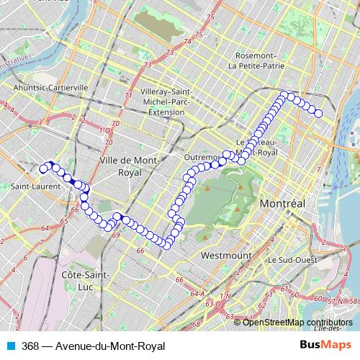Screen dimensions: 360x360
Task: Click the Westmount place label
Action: click(226, 256)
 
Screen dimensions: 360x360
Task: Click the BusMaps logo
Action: click(325, 346)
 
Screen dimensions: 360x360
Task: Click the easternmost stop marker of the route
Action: click(318, 113)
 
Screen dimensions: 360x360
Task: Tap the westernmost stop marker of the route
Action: click(42, 169)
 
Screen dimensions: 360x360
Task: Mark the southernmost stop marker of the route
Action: click(166, 246)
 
